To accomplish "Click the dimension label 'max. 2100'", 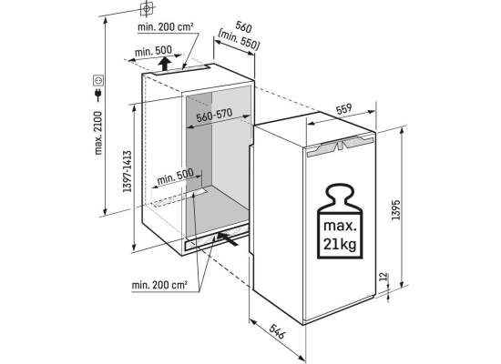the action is (x=98, y=133).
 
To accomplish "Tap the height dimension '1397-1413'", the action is (x=128, y=171).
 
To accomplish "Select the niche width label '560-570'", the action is (x=214, y=116).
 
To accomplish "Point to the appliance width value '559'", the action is (x=343, y=109).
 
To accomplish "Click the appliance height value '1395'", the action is (x=395, y=210).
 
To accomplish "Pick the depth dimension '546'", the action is (x=277, y=331).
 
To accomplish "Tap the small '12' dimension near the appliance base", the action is (x=383, y=277).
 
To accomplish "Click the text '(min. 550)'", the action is (x=239, y=40).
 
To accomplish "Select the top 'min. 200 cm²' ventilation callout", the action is (x=166, y=26).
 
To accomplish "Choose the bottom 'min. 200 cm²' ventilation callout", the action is (x=159, y=285).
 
